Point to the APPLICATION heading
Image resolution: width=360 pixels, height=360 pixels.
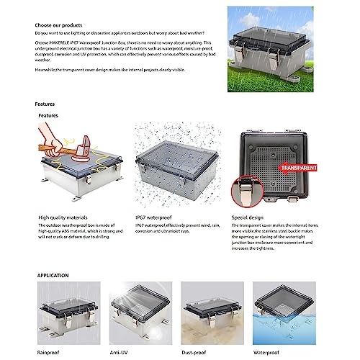click(x=53, y=275)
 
